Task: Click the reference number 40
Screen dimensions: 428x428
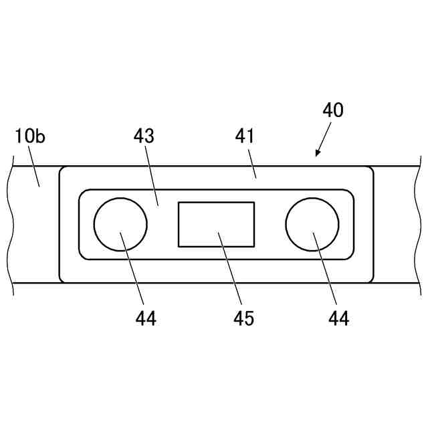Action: (332, 110)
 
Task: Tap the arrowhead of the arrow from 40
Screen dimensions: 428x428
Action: (316, 155)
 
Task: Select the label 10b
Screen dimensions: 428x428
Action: (30, 137)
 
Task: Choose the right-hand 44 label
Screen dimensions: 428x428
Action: (338, 318)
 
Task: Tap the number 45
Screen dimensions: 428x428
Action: (243, 318)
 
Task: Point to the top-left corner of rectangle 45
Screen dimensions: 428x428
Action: (178, 202)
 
